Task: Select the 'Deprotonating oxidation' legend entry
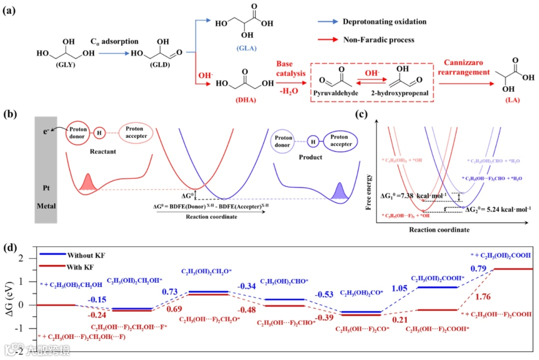click(384, 22)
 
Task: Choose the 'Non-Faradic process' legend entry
click(378, 39)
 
